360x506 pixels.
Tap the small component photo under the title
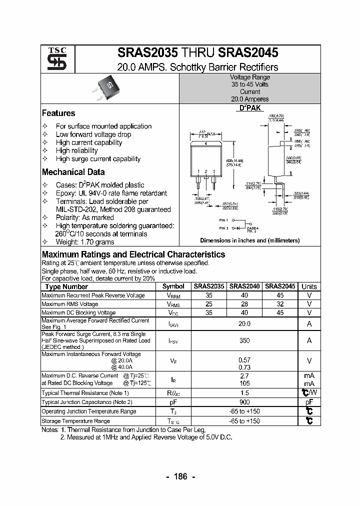point(108,87)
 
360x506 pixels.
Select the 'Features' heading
point(58,113)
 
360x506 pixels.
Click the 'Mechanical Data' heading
point(73,172)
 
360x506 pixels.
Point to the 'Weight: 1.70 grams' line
point(84,242)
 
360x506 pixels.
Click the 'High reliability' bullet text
point(77,150)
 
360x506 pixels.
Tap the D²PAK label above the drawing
point(249,108)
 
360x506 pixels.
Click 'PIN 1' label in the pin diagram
point(223,220)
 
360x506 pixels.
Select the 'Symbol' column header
point(173,286)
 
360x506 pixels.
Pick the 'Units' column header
point(309,286)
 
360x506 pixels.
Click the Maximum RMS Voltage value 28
point(244,304)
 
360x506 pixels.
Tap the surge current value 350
point(244,340)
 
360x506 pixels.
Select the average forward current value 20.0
point(244,324)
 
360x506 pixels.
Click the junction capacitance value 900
point(244,402)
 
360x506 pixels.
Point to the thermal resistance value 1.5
point(244,393)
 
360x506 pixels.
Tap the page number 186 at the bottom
point(180,476)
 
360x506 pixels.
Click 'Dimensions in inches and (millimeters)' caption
point(249,240)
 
